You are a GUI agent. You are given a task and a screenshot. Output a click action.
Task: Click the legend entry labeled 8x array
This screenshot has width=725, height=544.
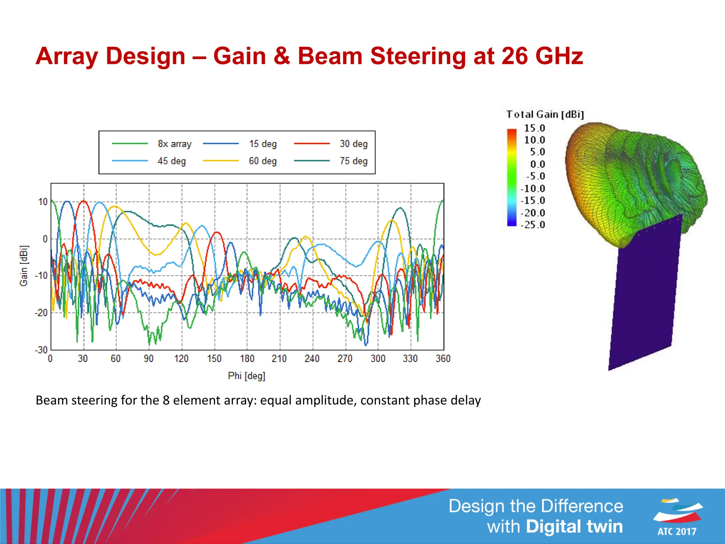(175, 144)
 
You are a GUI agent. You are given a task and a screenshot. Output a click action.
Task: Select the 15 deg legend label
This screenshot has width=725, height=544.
(263, 144)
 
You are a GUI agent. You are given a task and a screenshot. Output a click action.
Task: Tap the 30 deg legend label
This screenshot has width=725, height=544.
(354, 144)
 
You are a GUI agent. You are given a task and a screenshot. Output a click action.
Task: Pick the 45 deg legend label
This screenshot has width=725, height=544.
(172, 161)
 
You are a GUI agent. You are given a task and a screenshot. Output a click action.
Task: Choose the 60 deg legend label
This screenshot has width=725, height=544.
(263, 161)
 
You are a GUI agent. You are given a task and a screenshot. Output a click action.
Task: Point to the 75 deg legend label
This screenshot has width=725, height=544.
(354, 161)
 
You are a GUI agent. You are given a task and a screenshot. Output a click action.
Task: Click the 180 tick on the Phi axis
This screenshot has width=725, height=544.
(247, 359)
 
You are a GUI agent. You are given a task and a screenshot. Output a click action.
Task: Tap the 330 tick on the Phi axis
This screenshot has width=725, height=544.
(410, 359)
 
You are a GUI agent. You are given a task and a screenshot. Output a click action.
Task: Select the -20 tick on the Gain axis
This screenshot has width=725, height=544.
(41, 313)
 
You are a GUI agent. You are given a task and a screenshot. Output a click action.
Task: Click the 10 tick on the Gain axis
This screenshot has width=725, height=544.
(43, 202)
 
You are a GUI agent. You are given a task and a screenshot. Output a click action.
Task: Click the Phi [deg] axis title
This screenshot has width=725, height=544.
(246, 376)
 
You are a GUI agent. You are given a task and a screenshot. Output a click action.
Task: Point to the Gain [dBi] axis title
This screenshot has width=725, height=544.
(23, 266)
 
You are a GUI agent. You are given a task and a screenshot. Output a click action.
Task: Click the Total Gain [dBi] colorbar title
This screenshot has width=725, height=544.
(545, 114)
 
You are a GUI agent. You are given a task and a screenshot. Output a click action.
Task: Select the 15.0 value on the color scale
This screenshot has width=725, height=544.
(535, 128)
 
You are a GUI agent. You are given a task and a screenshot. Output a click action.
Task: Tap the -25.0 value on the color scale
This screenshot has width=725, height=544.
(533, 225)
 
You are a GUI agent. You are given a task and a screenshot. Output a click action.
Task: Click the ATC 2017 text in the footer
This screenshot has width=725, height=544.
(677, 531)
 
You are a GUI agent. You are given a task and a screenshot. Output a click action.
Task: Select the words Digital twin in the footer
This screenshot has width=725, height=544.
(574, 526)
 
